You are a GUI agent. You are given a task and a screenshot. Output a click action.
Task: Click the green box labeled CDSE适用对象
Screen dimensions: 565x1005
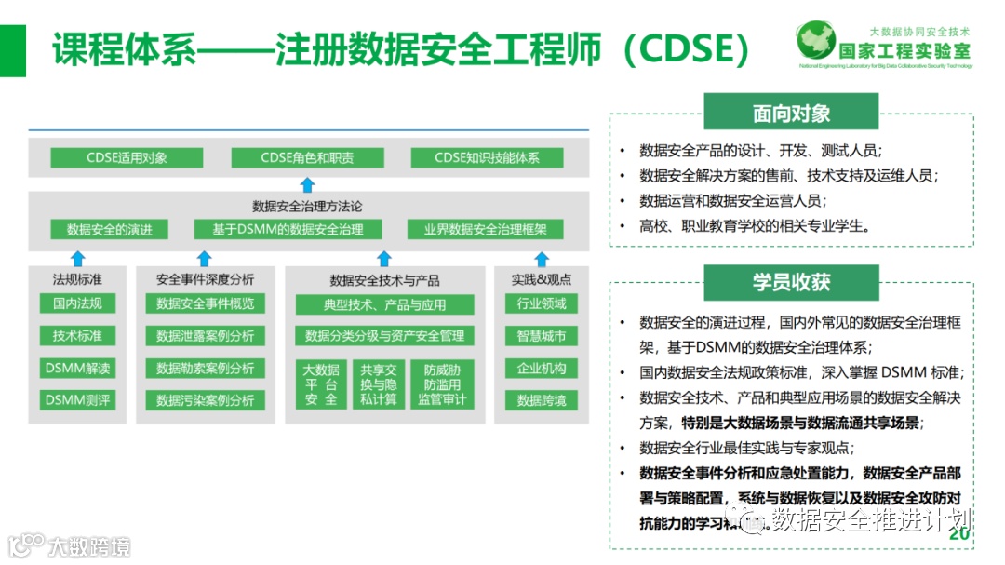(127, 157)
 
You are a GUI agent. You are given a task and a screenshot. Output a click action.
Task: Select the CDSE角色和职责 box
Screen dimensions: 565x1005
(307, 157)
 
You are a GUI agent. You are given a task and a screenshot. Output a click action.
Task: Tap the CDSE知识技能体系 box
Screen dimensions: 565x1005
(487, 157)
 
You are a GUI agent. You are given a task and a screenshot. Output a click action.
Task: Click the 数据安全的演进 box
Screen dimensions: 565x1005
(109, 229)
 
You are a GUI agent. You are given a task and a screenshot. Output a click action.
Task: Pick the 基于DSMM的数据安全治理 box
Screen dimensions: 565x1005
(288, 229)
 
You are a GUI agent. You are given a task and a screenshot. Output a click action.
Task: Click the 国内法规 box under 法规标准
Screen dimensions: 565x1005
(77, 303)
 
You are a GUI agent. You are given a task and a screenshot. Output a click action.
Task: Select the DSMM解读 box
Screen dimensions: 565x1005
(77, 368)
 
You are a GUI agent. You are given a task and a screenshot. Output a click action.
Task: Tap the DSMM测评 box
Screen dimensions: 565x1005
(77, 400)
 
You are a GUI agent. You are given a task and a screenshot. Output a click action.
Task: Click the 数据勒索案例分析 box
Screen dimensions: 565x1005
(205, 368)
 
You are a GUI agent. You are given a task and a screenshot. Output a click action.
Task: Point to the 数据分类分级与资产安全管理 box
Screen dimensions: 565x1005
(384, 335)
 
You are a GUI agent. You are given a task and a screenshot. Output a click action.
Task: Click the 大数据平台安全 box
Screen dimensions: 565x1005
(321, 384)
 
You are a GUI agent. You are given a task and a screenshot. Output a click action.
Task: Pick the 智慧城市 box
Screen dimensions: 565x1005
(541, 335)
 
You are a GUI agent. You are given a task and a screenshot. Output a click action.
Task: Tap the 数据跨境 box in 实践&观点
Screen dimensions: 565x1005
(541, 400)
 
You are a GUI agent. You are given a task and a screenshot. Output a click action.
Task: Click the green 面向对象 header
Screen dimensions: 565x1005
(791, 114)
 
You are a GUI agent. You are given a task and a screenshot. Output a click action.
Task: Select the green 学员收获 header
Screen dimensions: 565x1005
(791, 282)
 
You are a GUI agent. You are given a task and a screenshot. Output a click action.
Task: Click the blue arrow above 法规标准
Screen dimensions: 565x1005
(77, 258)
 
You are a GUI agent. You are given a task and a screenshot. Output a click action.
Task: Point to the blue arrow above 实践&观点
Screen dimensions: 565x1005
(541, 258)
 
